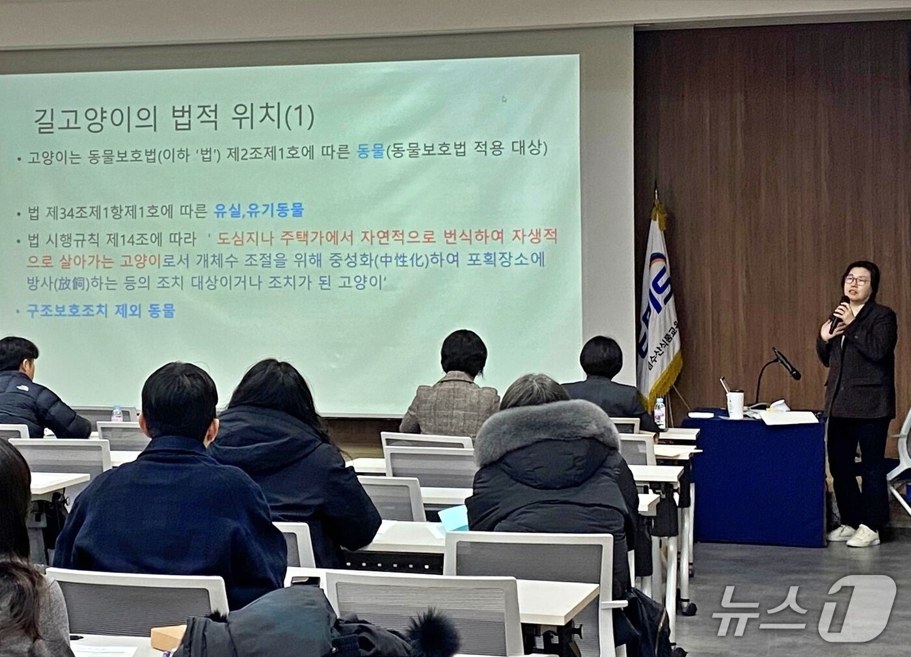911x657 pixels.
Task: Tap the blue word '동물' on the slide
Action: (370, 151)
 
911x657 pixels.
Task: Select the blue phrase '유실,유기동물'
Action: (258, 210)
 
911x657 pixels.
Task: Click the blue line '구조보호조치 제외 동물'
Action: (100, 311)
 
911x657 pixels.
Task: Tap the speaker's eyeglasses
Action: (856, 281)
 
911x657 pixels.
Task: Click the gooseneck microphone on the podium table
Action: (785, 364)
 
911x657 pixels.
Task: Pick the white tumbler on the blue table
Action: (735, 404)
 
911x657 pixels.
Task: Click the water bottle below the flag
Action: (660, 413)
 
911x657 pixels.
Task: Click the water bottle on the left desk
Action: (117, 414)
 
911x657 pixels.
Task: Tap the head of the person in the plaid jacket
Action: (463, 352)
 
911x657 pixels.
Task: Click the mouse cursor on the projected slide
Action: (504, 100)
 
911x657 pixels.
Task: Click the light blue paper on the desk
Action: (454, 517)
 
